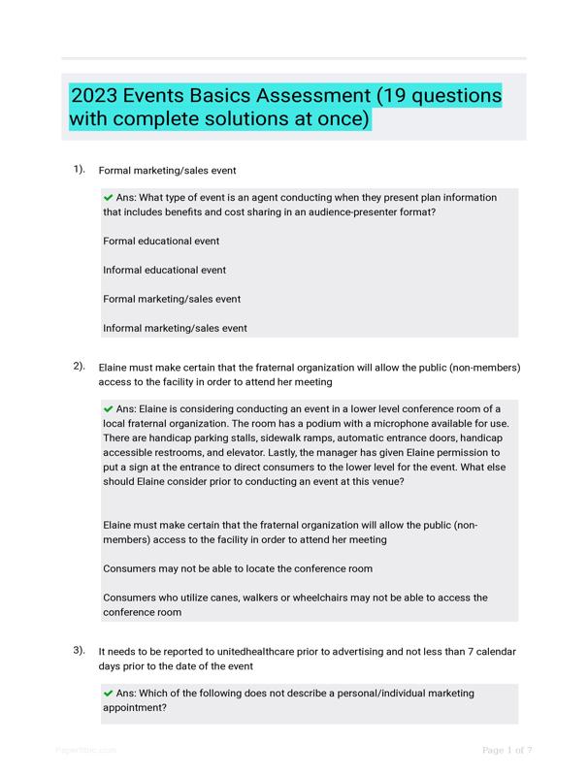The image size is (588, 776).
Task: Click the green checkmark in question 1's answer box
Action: point(108,197)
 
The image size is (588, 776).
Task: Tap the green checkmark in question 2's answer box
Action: point(108,408)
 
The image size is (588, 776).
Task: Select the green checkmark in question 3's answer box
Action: point(108,693)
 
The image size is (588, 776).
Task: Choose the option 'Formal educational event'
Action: point(161,241)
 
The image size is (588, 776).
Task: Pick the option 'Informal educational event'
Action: point(164,270)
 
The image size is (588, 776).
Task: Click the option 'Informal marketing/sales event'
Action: point(175,328)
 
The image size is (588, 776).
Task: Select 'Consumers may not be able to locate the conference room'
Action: point(238,568)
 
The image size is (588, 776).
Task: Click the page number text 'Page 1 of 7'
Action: point(507,750)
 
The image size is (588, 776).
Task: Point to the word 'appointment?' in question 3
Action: point(135,707)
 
